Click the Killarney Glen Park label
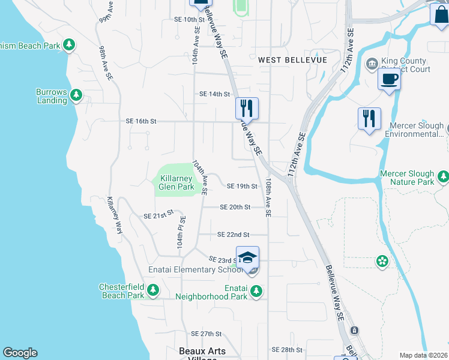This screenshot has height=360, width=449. pyautogui.click(x=176, y=182)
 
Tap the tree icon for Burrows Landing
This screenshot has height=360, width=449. pyautogui.click(x=76, y=94)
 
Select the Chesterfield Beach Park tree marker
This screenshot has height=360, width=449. pyautogui.click(x=153, y=290)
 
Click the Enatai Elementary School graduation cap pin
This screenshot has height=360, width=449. pyautogui.click(x=247, y=258)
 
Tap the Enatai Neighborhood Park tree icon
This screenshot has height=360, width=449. pyautogui.click(x=256, y=292)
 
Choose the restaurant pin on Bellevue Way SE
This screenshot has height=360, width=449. pyautogui.click(x=247, y=109)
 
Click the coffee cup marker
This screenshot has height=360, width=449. pyautogui.click(x=389, y=79)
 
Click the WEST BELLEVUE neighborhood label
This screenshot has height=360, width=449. pyautogui.click(x=292, y=60)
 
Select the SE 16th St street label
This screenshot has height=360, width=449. pyautogui.click(x=141, y=121)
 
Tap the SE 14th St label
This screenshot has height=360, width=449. pyautogui.click(x=215, y=94)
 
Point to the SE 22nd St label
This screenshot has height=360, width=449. pyautogui.click(x=233, y=235)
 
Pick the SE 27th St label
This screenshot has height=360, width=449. pyautogui.click(x=206, y=334)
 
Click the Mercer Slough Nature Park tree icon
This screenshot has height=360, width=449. pyautogui.click(x=443, y=176)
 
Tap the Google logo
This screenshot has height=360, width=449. pyautogui.click(x=20, y=353)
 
